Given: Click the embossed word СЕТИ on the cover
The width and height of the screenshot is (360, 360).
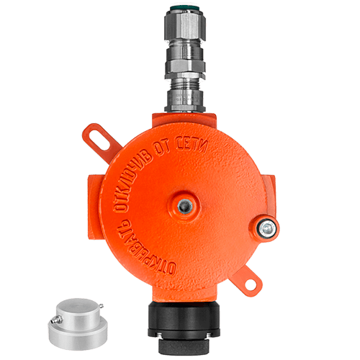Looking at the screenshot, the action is pos(192,145).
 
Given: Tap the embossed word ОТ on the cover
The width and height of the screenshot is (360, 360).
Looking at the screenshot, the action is pos(162,148).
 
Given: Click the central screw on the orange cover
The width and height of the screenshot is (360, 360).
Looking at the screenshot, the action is pos(185,206).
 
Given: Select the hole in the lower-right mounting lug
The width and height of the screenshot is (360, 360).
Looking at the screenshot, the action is pos(250,284).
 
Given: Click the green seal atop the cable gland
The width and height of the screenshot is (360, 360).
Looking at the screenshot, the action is pos(184,9).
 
